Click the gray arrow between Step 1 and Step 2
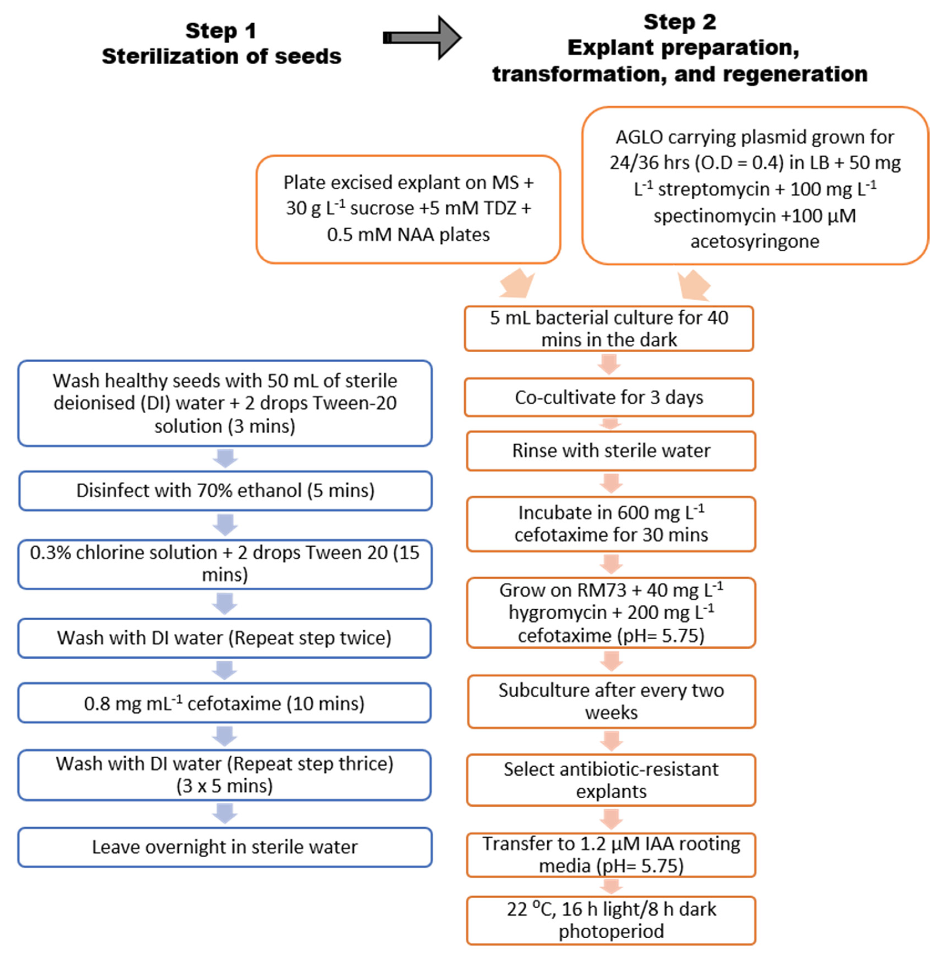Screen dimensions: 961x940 tap(422, 37)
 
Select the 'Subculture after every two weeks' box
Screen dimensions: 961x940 tap(611, 701)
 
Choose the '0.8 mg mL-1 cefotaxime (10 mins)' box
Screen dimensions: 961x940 tap(225, 703)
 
